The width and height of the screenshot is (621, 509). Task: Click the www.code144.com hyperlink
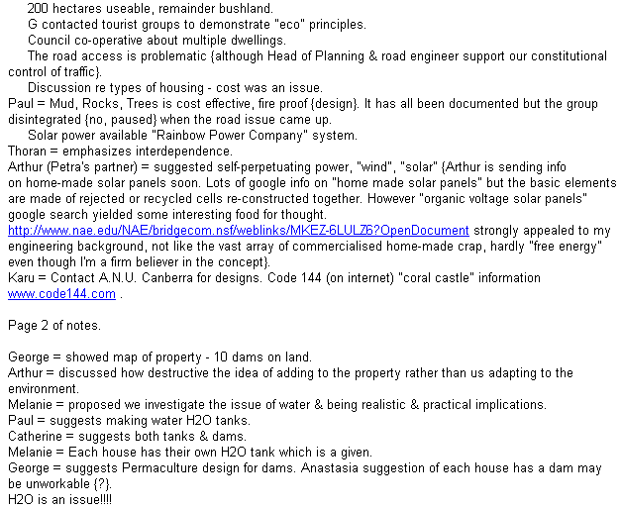[62, 294]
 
